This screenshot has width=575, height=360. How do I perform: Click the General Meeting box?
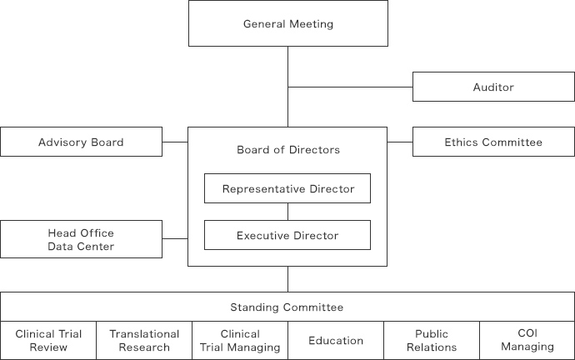[288, 23]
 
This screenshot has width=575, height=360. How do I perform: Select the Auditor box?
[493, 87]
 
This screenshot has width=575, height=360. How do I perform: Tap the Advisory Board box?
[81, 142]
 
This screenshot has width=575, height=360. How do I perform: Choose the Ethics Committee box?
[493, 142]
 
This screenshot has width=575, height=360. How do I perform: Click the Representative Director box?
[287, 188]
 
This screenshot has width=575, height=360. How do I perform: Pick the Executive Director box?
[287, 235]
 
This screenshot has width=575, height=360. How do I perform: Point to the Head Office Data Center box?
[81, 239]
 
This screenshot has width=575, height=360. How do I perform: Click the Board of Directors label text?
[288, 149]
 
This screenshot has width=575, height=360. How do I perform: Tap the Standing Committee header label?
[287, 307]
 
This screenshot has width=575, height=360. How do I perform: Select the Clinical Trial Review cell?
[48, 341]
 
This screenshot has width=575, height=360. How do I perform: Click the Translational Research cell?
[144, 341]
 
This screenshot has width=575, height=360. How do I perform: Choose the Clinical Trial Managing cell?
[240, 341]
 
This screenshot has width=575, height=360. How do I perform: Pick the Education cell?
[336, 341]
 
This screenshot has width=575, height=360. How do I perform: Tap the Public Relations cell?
[432, 341]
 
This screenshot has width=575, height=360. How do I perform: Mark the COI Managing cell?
[527, 341]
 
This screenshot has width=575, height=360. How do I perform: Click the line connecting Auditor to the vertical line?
[350, 87]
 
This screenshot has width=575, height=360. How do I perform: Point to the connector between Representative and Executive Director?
[287, 212]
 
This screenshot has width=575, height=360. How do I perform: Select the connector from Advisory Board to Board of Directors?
[175, 142]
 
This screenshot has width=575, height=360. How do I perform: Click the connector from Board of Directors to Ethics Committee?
[400, 142]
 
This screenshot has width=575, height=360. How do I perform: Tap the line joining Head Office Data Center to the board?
[175, 238]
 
